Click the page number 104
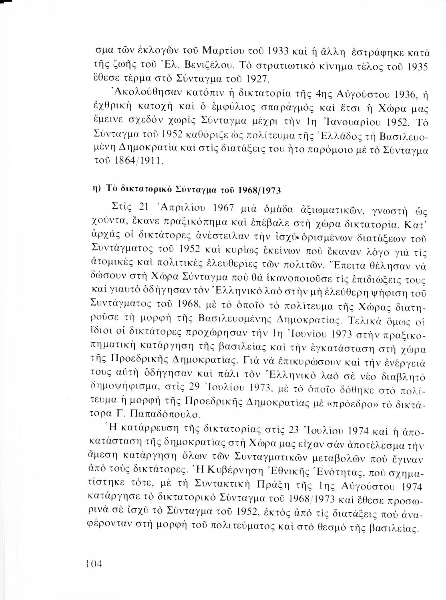point(94,564)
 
